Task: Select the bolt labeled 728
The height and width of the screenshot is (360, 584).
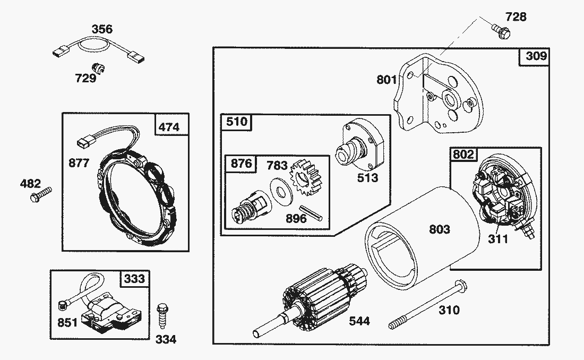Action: coord(500,30)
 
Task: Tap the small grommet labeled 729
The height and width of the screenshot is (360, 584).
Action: coord(98,68)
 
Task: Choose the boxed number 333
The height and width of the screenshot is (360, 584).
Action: coord(134,278)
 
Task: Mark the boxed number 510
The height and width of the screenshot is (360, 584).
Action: coord(237,122)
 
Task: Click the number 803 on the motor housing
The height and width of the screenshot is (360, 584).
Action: coord(440,229)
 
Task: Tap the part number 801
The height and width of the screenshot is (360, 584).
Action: coord(387,80)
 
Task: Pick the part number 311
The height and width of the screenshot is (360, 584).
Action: coord(499,239)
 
